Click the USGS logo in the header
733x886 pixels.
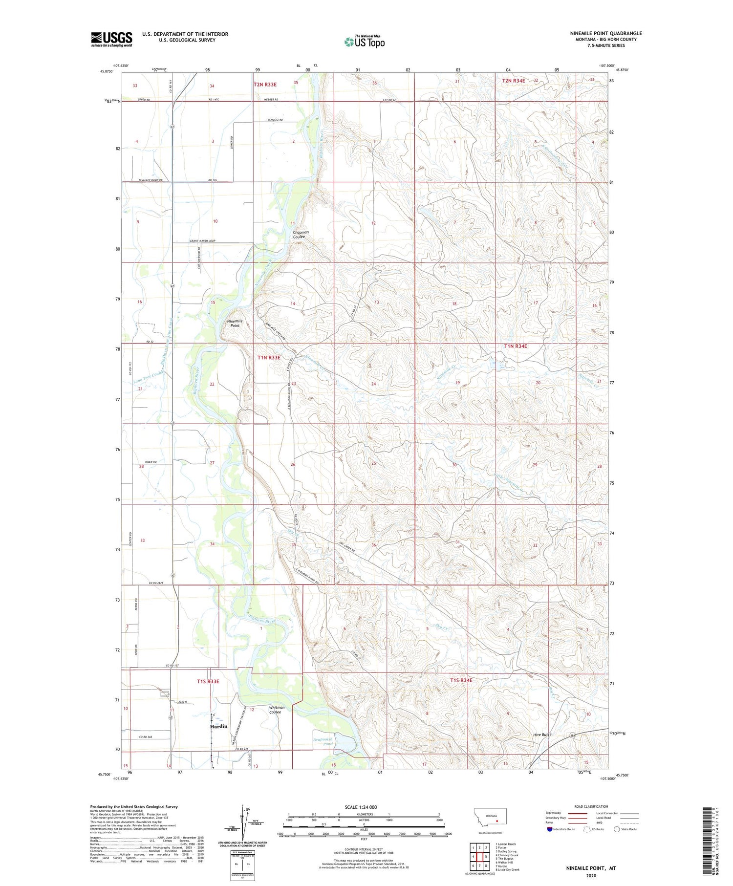[111, 39]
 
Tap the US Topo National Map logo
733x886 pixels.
[364, 42]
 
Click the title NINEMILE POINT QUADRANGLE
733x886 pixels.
[605, 33]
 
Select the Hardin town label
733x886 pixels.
[218, 726]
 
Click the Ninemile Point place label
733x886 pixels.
[235, 323]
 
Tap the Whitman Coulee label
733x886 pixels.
[277, 710]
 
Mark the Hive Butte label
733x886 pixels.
[542, 735]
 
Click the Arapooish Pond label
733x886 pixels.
[323, 742]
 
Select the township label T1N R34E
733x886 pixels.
[516, 346]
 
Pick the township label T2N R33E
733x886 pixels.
[265, 85]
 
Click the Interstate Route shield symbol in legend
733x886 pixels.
[550, 829]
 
